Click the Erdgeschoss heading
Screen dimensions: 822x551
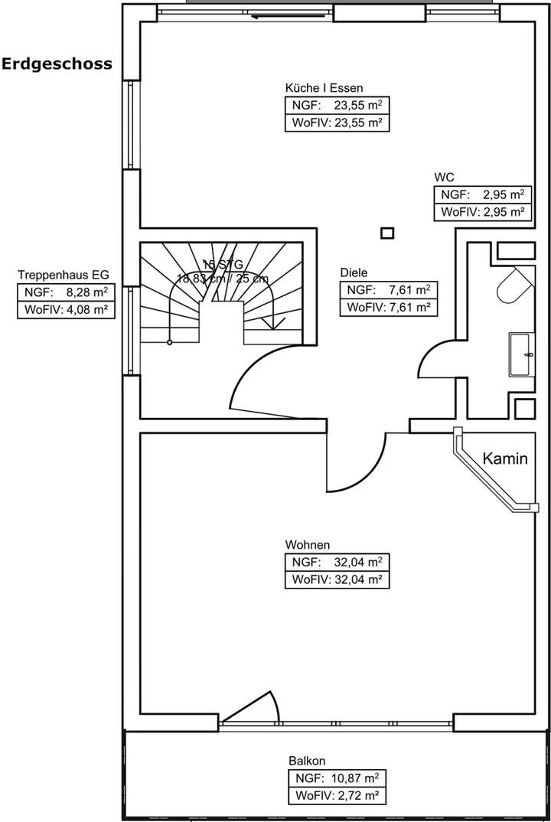tap(57, 64)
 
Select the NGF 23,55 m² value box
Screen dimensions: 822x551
tap(337, 106)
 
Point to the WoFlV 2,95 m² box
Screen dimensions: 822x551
tap(482, 212)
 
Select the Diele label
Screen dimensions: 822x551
tap(354, 272)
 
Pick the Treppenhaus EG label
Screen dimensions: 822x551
tap(64, 274)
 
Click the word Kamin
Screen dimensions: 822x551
tap(506, 459)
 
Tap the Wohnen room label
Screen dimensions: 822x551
tap(307, 545)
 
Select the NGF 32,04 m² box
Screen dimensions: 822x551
tap(337, 563)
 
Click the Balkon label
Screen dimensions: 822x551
tap(308, 761)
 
